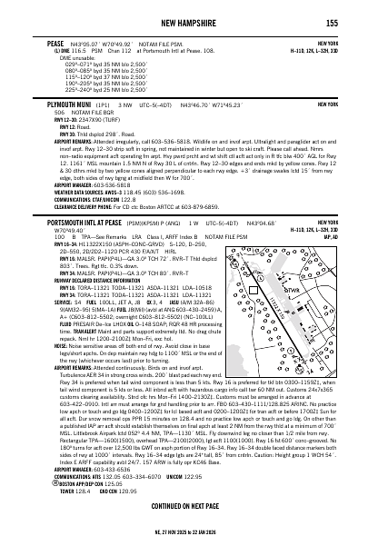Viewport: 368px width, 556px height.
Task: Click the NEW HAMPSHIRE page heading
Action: pos(184,22)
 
